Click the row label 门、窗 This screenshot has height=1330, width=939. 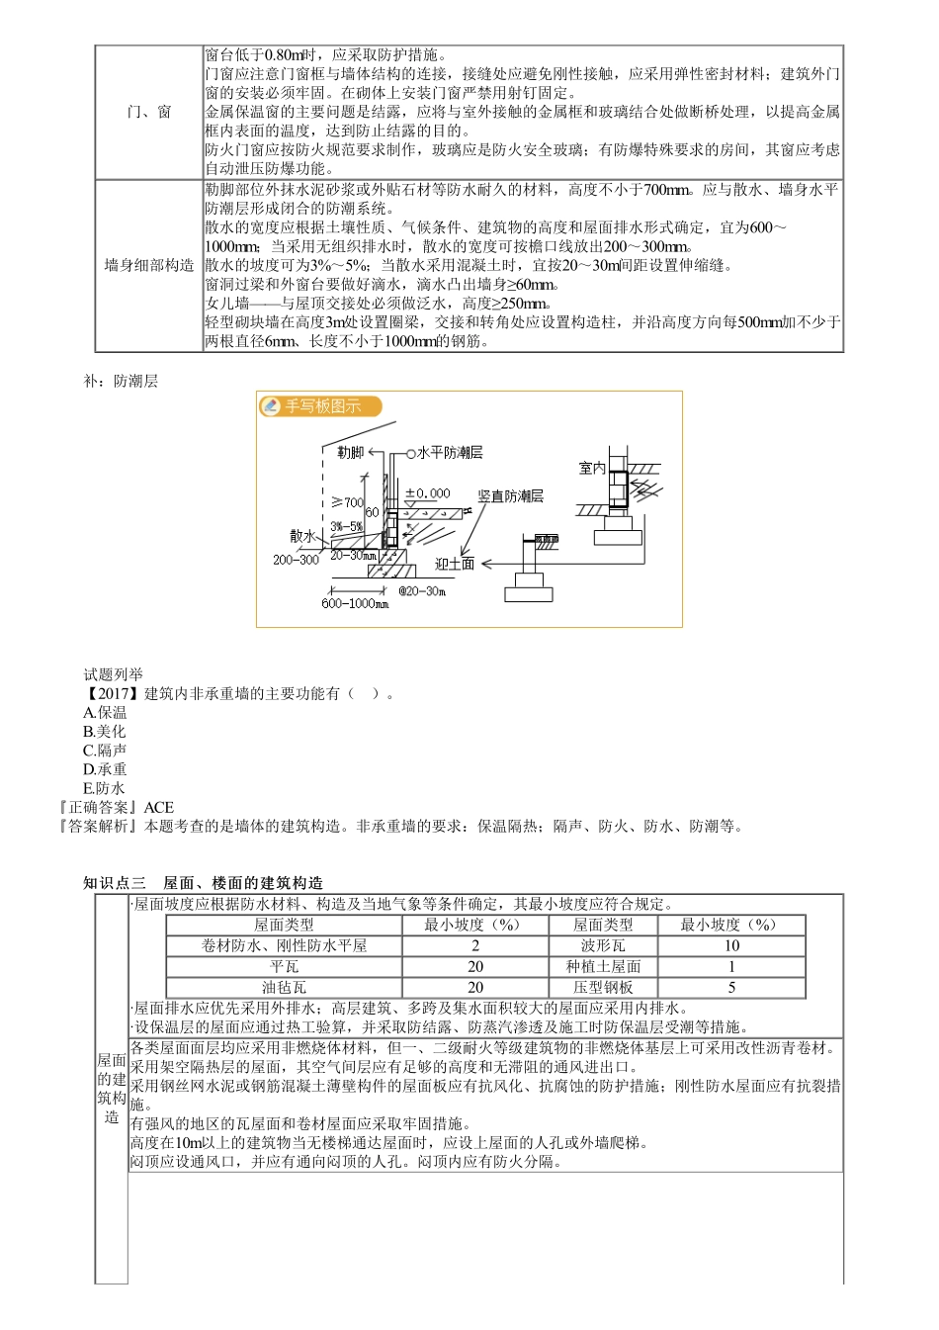point(149,112)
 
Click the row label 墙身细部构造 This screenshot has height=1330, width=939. point(149,265)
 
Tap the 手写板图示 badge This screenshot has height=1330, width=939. point(320,406)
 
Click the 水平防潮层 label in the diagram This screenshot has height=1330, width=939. point(449,452)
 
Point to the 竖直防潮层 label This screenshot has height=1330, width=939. point(510,495)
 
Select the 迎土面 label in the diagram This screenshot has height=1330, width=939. point(455,564)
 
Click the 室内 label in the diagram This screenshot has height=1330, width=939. point(592,468)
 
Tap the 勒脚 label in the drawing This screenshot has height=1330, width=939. point(350,452)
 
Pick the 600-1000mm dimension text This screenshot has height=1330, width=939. point(355,603)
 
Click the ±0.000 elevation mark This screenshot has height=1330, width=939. point(427,492)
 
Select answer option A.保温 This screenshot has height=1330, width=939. point(105,712)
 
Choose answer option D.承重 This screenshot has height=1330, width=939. point(105,769)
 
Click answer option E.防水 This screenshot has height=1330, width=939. point(105,788)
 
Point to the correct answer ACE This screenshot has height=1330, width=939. point(158,807)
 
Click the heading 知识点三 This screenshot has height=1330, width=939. point(115,883)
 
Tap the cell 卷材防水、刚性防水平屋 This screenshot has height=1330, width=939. point(284,945)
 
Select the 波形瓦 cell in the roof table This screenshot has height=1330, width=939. point(603,945)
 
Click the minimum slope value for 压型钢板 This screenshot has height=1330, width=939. point(731,987)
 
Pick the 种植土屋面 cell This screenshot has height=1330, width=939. point(603,966)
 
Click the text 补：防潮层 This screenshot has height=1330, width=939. point(121,381)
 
